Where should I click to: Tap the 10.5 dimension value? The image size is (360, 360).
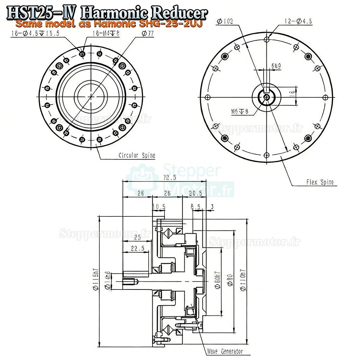point(158,207)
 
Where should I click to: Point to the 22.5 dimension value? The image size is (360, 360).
point(138,248)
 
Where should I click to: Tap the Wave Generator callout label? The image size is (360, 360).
point(224,351)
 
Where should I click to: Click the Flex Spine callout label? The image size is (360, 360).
point(320,182)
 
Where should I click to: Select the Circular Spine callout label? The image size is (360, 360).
point(137,156)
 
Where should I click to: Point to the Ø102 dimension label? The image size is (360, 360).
point(225,22)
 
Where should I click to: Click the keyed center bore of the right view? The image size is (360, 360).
point(266,96)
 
